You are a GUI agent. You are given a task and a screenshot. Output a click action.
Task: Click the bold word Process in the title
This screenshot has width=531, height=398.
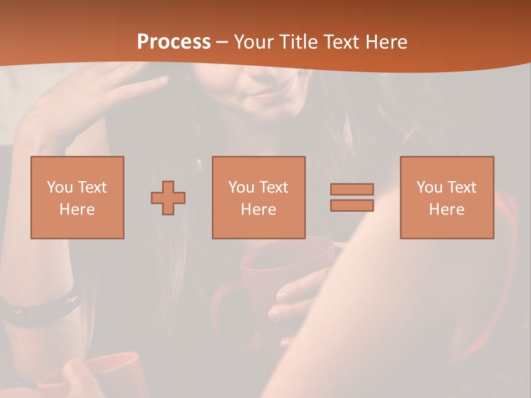pos(174,42)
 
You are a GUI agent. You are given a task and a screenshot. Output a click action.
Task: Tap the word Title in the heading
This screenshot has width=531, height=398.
pos(299,42)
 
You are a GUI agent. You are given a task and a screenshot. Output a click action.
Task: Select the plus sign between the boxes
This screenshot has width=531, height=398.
pos(168,198)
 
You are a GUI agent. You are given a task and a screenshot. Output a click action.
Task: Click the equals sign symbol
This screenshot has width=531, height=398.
pos(352,197)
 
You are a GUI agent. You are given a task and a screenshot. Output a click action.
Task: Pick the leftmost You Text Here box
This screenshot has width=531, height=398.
pos(77,197)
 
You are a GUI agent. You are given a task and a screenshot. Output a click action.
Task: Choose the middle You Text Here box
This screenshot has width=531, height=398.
pos(259,197)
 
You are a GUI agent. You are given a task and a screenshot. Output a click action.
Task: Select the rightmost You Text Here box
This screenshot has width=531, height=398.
pos(447,197)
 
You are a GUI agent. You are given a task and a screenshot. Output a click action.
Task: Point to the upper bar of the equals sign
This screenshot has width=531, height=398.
pos(352,189)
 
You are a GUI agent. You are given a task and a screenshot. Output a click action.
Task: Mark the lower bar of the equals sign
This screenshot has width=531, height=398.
pos(352,206)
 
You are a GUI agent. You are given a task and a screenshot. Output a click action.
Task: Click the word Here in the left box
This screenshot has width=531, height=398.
pos(77,210)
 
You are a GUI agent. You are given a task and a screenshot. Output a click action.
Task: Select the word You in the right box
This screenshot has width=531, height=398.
pos(429,187)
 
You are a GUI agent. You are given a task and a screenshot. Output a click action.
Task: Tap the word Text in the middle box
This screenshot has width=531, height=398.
pos(274,187)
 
